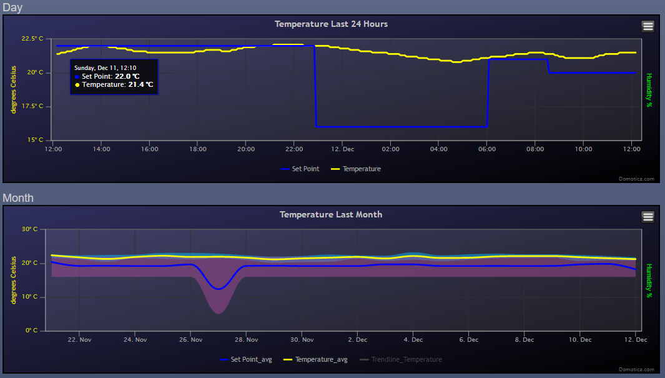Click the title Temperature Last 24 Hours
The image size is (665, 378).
tap(331, 24)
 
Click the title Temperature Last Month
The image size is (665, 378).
tap(331, 214)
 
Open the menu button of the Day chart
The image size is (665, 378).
tap(648, 26)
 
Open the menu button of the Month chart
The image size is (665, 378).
tap(648, 217)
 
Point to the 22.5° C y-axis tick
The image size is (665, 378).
tap(32, 39)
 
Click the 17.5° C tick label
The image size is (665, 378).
tap(32, 106)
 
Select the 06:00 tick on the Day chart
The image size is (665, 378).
tap(487, 149)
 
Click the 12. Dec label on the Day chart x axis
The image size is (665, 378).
tap(342, 149)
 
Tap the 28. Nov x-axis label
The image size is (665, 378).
tap(247, 340)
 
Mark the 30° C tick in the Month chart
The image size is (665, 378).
tap(30, 229)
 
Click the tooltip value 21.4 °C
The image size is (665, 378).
tap(140, 84)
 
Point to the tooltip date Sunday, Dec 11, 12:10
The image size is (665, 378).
tap(105, 67)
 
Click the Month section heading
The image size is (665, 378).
tap(18, 198)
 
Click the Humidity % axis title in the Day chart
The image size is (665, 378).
tap(649, 90)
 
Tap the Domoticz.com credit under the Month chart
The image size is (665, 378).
tap(637, 369)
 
